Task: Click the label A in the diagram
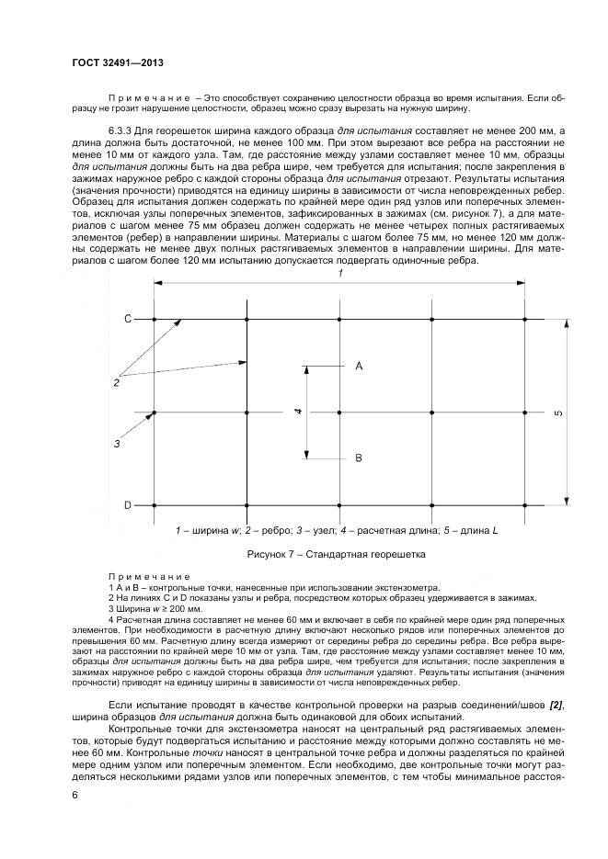[359, 366]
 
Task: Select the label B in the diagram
[359, 458]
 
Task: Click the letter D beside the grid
[129, 505]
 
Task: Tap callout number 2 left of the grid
[117, 382]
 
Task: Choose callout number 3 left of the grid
[117, 444]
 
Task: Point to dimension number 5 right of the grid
[558, 413]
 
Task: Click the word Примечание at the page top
[148, 96]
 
